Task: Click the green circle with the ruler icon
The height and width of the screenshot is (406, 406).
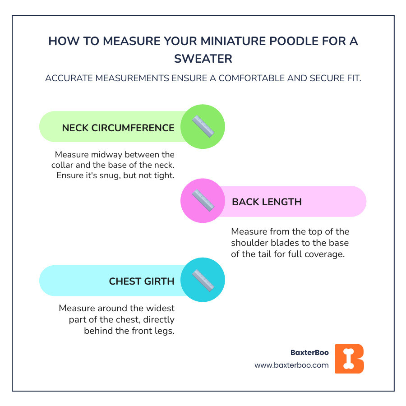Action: click(x=203, y=127)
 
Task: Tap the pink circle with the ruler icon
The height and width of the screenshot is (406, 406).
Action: click(x=203, y=201)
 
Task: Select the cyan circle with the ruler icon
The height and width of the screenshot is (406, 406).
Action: click(x=203, y=280)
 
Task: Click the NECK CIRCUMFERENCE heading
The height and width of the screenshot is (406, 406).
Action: click(x=118, y=128)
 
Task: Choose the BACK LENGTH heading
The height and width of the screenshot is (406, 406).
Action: click(x=267, y=202)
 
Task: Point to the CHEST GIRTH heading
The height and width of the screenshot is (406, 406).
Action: click(x=142, y=281)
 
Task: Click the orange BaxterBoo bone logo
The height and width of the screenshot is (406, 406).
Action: click(x=349, y=359)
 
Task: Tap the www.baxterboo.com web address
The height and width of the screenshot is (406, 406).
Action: click(x=291, y=365)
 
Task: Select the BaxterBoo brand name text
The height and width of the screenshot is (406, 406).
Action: click(x=309, y=352)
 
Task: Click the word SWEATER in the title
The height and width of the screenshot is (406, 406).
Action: click(x=203, y=59)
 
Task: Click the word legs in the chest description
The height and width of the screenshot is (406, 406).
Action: click(x=165, y=330)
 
